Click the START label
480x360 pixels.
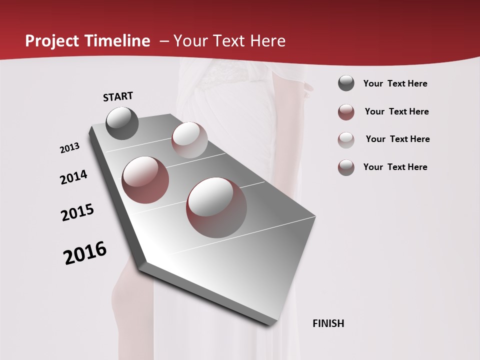click(118, 96)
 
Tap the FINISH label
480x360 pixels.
click(328, 323)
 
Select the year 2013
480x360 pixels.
click(69, 148)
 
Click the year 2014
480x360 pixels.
click(73, 177)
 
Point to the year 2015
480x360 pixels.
click(77, 212)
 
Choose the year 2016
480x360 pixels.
click(85, 252)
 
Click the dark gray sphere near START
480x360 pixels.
click(122, 123)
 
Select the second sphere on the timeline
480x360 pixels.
click(189, 139)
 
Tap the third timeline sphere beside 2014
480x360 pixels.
click(145, 180)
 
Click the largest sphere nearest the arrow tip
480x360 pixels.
click(216, 207)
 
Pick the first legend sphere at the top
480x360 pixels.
click(346, 83)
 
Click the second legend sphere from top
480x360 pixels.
click(346, 112)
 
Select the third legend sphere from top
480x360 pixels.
click(346, 139)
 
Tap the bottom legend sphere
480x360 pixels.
click(346, 167)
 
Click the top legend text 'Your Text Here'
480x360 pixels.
click(395, 83)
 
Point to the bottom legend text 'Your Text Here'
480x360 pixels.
click(395, 167)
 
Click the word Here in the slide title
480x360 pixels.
click(267, 41)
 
